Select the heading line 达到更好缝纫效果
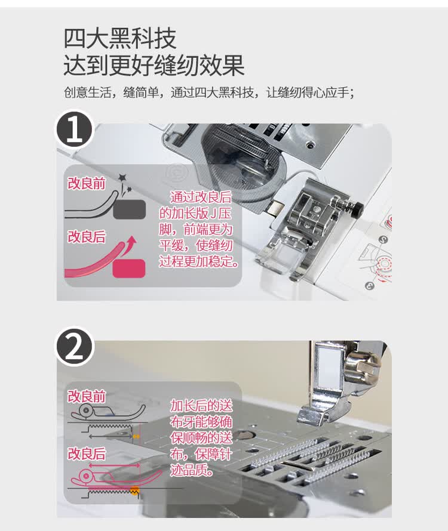(154, 65)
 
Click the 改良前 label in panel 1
(86, 183)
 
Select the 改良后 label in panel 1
(86, 237)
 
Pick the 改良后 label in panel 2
(86, 453)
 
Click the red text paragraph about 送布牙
(201, 438)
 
